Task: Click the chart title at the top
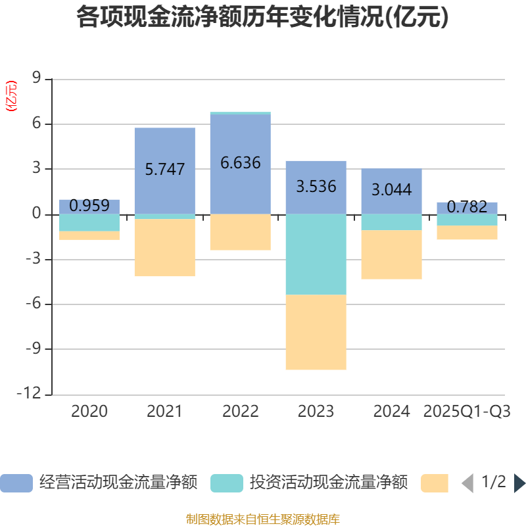click(x=262, y=17)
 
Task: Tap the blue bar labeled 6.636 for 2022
click(x=240, y=191)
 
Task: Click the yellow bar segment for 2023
click(x=316, y=332)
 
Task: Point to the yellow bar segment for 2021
click(x=164, y=248)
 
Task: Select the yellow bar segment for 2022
click(x=240, y=232)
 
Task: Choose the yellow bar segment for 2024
click(x=391, y=254)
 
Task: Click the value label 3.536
click(x=316, y=187)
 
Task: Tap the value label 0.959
click(x=89, y=206)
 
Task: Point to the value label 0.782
click(x=467, y=208)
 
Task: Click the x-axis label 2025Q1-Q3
click(x=467, y=412)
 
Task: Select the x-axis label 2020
click(x=89, y=412)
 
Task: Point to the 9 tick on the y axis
click(x=36, y=79)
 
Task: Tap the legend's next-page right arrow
click(x=519, y=483)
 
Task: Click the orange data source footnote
click(x=262, y=519)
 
